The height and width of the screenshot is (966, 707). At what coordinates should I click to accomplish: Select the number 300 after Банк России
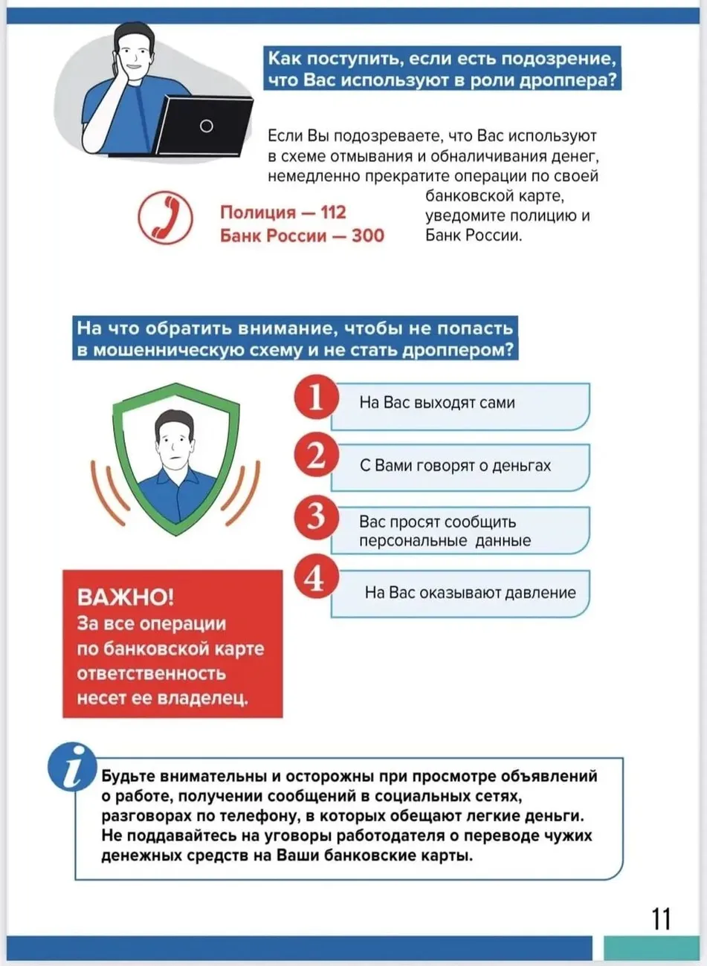click(x=368, y=236)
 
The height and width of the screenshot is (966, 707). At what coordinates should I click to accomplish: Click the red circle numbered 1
click(x=316, y=397)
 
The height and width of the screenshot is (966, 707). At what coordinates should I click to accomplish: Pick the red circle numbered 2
click(x=316, y=455)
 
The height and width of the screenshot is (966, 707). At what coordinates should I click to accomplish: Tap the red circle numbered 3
click(x=316, y=516)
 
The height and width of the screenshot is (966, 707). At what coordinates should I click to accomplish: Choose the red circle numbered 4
click(x=316, y=577)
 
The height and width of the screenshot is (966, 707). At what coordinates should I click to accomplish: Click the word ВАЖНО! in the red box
click(x=125, y=597)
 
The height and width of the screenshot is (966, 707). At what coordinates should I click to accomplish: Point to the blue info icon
click(x=73, y=766)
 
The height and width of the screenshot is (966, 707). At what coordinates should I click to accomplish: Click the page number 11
click(x=661, y=919)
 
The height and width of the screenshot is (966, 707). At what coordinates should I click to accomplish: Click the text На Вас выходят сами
click(x=437, y=403)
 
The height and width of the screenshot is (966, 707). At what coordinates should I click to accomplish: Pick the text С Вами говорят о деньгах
click(x=455, y=466)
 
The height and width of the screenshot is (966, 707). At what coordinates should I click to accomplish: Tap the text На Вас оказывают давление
click(x=470, y=593)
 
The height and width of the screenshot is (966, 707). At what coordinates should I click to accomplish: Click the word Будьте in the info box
click(x=126, y=777)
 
